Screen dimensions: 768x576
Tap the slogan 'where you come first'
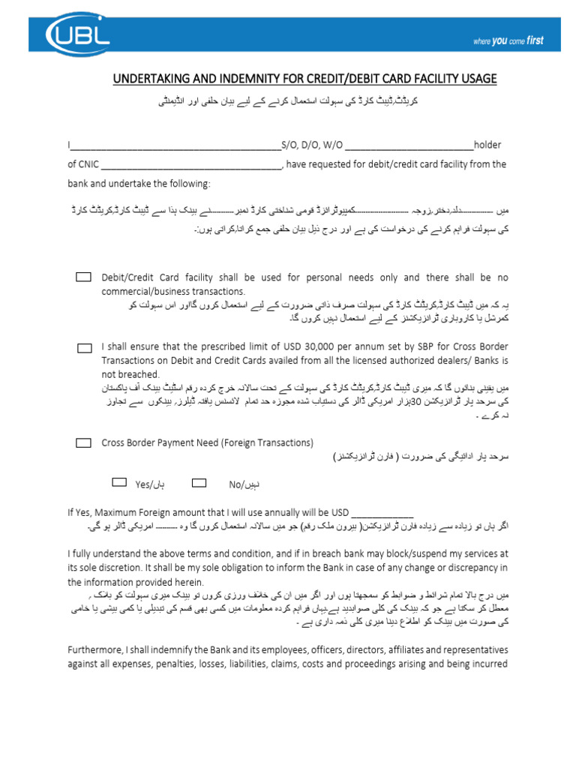coord(508,41)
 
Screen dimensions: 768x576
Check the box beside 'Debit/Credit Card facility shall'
coord(83,277)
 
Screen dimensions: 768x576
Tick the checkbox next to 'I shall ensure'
coord(85,348)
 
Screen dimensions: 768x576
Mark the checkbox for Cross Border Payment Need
coord(83,443)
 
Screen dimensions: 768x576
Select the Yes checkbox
coord(120,482)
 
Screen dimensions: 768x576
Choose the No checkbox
coord(199,482)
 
